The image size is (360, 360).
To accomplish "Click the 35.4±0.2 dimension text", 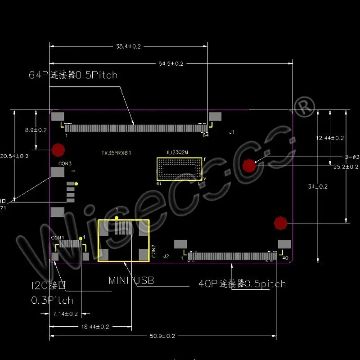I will [129, 46].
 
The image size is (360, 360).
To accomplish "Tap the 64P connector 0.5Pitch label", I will [73, 75].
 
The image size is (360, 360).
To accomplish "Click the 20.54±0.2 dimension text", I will [15, 156].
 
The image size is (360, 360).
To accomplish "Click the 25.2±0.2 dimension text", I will [346, 166].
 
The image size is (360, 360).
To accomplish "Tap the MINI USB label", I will [131, 280].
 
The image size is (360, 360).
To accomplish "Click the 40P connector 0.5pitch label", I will [242, 283].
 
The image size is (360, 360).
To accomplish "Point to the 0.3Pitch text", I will [52, 300].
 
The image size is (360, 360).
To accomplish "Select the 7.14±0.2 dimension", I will [66, 313].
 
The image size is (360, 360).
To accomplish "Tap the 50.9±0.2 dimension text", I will [163, 336].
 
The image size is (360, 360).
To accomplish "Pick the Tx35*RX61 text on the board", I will [116, 153].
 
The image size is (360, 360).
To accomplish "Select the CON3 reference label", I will [65, 163].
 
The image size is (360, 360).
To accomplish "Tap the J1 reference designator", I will [232, 132].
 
